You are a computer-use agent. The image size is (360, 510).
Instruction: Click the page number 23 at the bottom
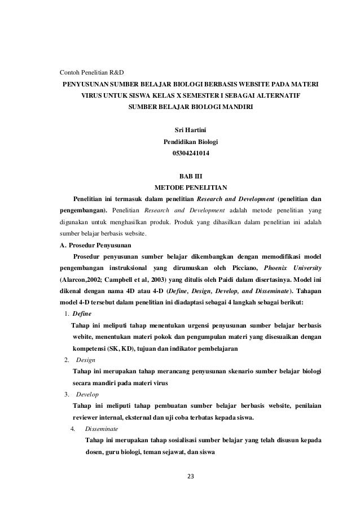pyautogui.click(x=190, y=476)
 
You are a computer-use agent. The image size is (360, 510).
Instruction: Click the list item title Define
pyautogui.click(x=82, y=313)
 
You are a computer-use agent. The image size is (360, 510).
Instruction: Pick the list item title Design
pyautogui.click(x=85, y=359)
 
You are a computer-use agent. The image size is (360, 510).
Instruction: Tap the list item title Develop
pyautogui.click(x=87, y=394)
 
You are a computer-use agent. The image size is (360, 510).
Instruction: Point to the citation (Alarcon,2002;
pyautogui.click(x=84, y=280)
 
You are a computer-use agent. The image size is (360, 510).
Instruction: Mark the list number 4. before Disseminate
pyautogui.click(x=73, y=429)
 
